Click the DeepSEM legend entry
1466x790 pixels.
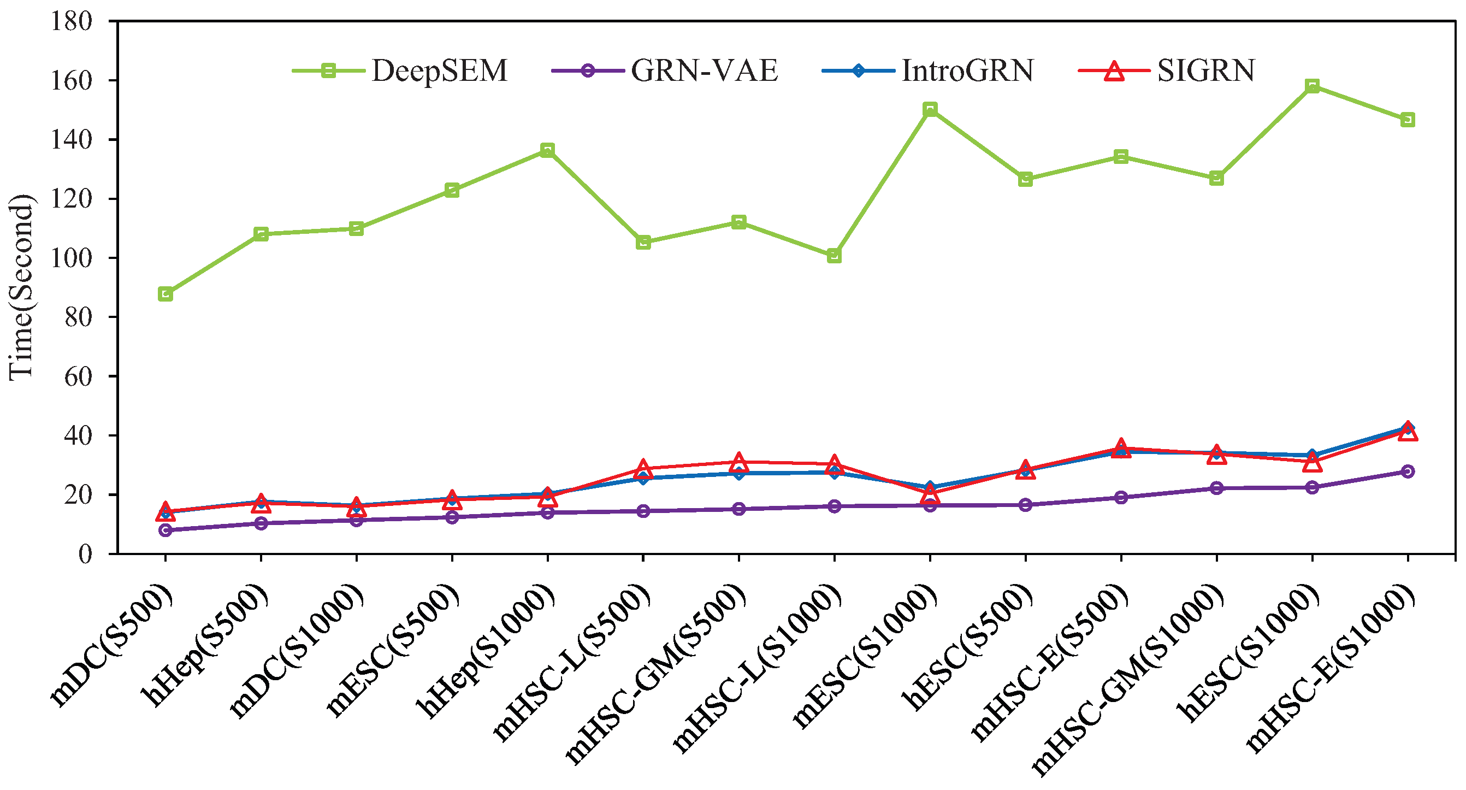[438, 71]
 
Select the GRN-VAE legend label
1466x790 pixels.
[704, 71]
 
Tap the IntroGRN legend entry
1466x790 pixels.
[967, 71]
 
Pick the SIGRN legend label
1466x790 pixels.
[1205, 71]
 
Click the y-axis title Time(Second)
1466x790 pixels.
[22, 287]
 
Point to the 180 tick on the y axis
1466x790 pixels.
[71, 22]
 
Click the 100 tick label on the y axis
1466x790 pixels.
[71, 258]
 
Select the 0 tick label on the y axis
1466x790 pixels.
[85, 553]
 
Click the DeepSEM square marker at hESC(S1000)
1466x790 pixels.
[1313, 86]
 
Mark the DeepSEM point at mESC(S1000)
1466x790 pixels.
[930, 109]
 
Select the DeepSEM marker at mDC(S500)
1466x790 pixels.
[165, 294]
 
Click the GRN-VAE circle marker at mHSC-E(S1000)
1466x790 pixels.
[1408, 471]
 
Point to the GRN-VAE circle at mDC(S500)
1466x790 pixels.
[165, 530]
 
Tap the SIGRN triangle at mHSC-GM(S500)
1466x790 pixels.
[738, 462]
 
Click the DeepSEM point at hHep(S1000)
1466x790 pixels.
[547, 150]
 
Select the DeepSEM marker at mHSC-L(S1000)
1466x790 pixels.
[834, 256]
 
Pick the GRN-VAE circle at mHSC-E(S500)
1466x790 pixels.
[1121, 498]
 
